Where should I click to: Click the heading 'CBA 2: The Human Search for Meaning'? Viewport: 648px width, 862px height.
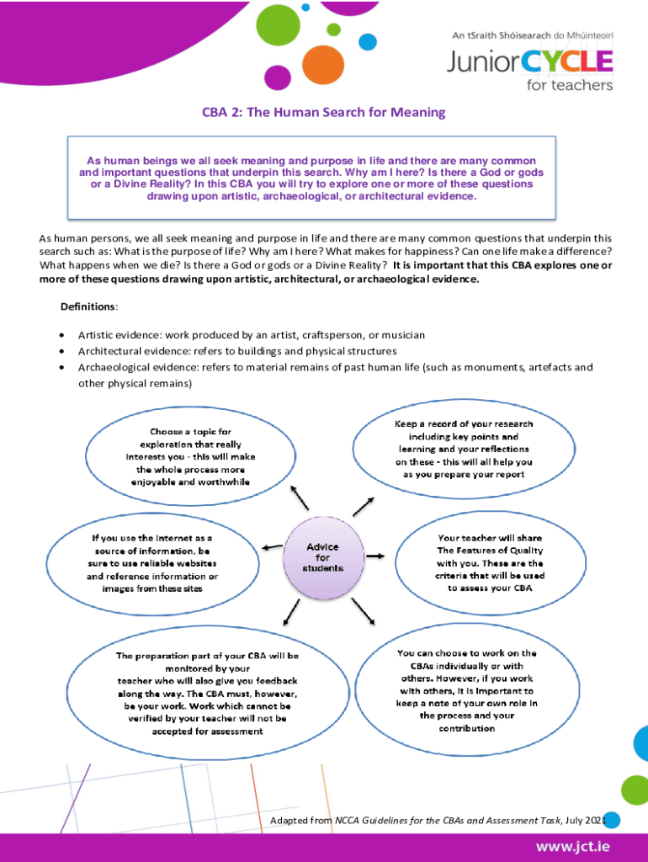coord(322,112)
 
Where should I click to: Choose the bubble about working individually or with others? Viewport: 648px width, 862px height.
coord(467,689)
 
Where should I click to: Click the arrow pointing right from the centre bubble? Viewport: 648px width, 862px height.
coord(376,556)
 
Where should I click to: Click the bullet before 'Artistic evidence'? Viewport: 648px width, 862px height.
coord(62,335)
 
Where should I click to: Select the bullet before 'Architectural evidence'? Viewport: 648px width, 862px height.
coord(62,351)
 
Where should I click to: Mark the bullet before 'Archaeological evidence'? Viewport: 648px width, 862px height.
coord(62,368)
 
